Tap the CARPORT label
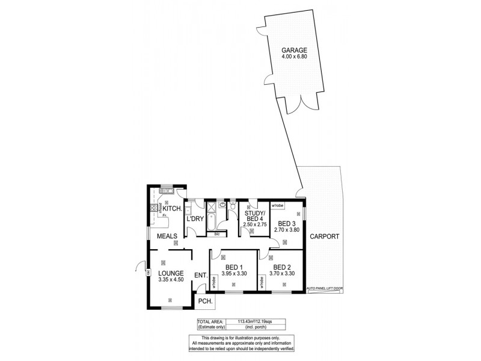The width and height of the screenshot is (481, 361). [325, 237]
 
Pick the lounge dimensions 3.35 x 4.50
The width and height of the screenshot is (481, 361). [170, 279]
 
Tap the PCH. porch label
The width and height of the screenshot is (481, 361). [204, 301]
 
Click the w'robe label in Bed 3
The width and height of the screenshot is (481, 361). [277, 206]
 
